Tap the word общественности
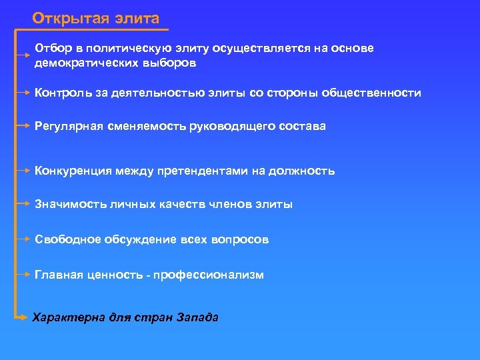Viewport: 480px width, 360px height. point(371,93)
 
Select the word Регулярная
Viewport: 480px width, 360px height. point(69,126)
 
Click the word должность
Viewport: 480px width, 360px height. point(302,171)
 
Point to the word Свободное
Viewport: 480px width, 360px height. point(67,239)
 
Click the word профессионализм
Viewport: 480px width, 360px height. point(209,275)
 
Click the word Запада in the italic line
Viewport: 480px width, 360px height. point(197,317)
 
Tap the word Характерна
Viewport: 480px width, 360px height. point(69,317)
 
